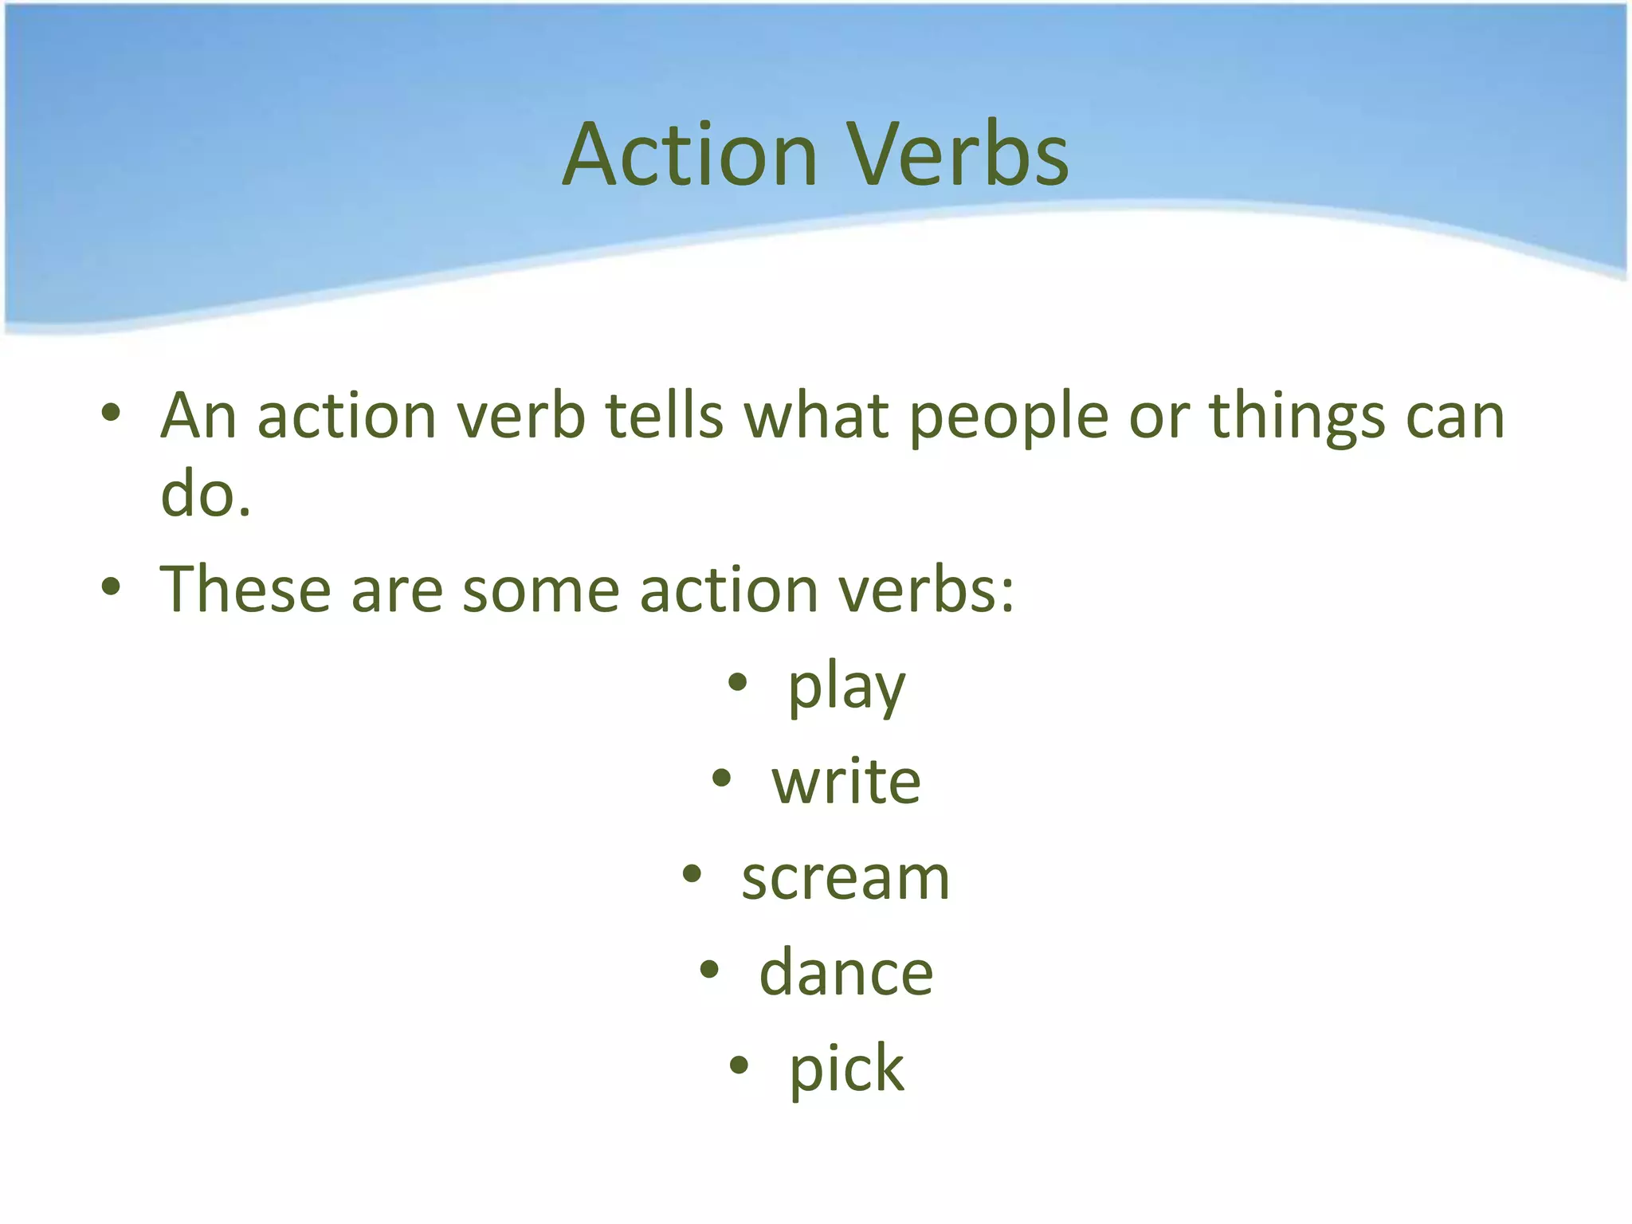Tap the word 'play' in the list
(846, 687)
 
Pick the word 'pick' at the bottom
(846, 1069)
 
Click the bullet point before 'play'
(738, 683)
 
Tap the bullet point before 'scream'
(692, 874)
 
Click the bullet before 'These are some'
(111, 587)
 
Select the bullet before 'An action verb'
(111, 413)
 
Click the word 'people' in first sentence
(1009, 418)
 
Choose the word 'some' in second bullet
(540, 591)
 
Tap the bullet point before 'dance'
(709, 970)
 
